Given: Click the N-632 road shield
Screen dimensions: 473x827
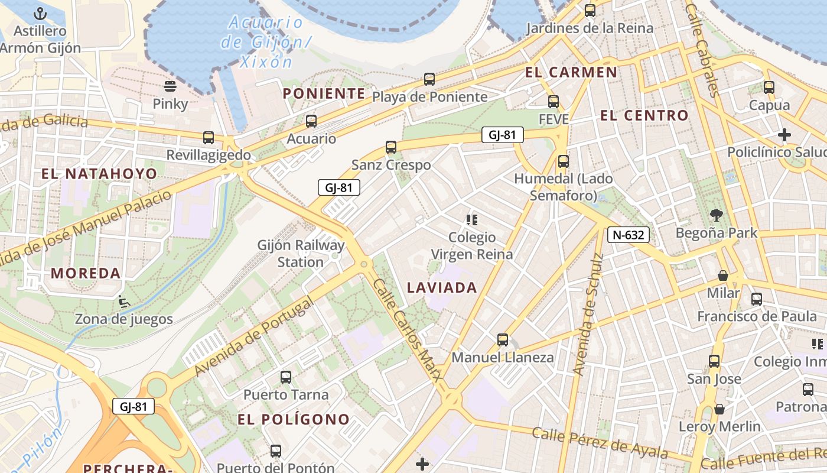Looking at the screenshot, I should (629, 235).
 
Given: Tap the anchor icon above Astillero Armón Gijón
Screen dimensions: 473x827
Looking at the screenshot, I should (40, 13).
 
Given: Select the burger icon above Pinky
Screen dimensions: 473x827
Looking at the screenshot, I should (170, 86).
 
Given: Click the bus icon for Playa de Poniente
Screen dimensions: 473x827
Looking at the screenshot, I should (429, 79).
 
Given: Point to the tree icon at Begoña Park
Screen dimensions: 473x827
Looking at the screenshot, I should (717, 215).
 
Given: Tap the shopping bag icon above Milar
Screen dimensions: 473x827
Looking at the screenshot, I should (722, 276).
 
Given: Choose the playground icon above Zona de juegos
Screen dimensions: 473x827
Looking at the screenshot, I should (123, 302).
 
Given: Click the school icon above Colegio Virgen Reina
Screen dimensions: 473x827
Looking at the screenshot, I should (471, 221).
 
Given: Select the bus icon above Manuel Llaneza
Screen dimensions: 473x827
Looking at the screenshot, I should (503, 339).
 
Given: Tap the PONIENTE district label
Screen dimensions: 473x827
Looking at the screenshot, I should (324, 93).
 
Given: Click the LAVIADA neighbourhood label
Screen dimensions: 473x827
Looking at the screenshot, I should (442, 288).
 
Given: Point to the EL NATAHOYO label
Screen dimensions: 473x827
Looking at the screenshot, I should (99, 174).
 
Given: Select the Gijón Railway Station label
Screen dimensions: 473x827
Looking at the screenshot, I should (301, 253).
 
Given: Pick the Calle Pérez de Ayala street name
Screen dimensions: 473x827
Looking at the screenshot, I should (599, 442).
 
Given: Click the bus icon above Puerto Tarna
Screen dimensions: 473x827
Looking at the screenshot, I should (286, 377).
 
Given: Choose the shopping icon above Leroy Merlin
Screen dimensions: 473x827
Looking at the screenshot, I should (719, 409).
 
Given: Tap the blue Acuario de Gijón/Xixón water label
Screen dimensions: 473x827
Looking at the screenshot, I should (265, 42).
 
